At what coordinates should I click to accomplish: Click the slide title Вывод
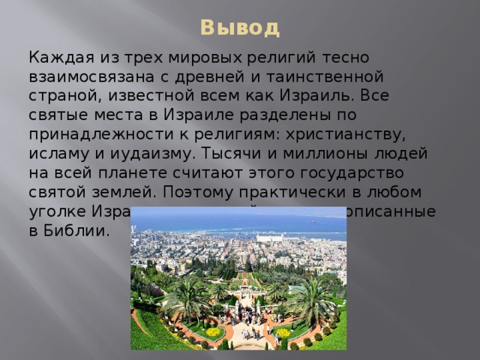coord(239,28)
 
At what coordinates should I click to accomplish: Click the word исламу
coord(57,154)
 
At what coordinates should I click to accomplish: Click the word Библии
coord(76,232)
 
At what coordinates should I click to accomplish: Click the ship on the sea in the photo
coord(309,222)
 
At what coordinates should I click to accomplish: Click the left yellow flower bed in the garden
coord(214,331)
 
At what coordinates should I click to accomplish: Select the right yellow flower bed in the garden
coord(283,332)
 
